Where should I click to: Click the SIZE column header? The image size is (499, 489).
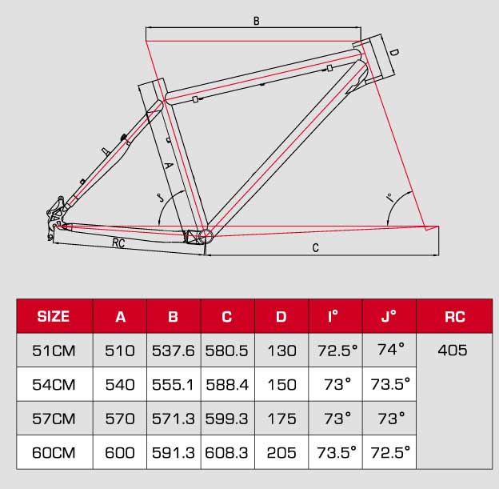[x=54, y=316]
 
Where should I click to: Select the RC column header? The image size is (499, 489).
[x=454, y=316]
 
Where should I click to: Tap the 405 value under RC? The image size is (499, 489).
[x=453, y=350]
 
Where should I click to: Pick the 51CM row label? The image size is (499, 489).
[x=54, y=350]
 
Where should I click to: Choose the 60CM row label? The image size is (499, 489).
[x=54, y=452]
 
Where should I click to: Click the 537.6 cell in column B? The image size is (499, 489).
[x=174, y=350]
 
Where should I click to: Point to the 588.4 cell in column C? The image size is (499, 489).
[x=227, y=384]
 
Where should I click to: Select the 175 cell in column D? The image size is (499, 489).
[x=281, y=418]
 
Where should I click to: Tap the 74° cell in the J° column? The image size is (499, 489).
[x=389, y=350]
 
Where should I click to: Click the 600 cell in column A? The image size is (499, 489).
[x=120, y=452]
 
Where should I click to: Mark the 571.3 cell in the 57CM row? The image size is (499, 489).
[x=174, y=418]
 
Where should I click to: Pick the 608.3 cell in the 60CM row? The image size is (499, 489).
[x=227, y=452]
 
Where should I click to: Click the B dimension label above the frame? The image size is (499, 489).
[x=256, y=22]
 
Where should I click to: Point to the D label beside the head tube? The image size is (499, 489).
[x=393, y=54]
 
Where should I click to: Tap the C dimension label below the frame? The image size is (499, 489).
[x=316, y=248]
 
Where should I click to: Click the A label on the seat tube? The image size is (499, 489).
[x=167, y=166]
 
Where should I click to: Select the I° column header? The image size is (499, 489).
[x=335, y=316]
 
